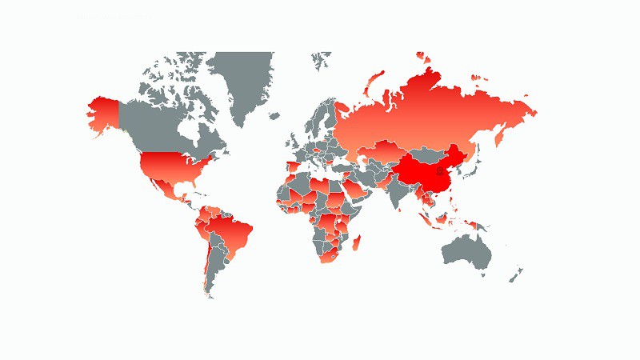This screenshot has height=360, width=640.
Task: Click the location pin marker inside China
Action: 438,171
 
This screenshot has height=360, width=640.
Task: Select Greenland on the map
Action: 244,80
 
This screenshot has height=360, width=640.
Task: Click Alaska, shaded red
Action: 102,116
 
